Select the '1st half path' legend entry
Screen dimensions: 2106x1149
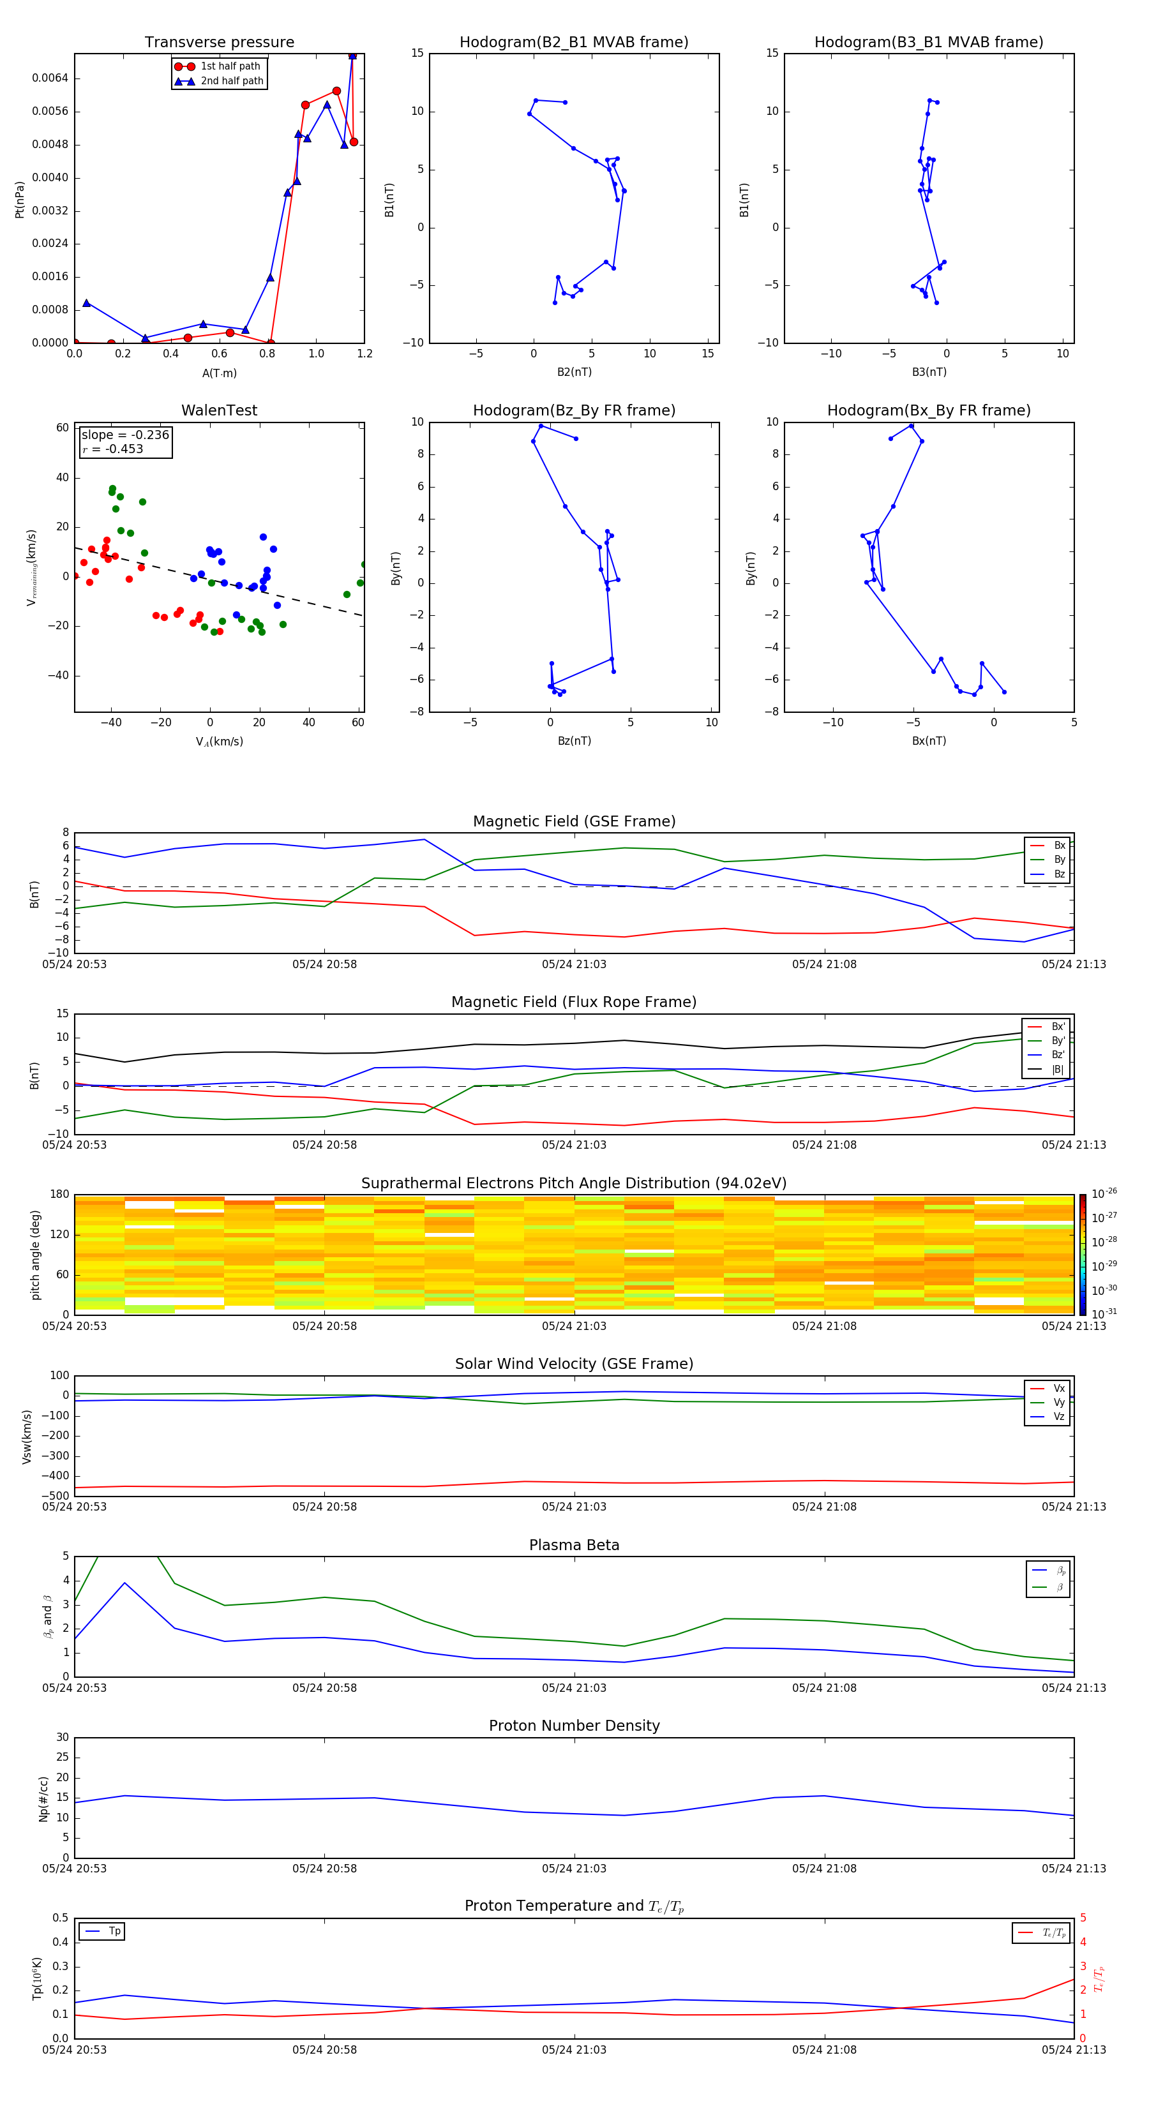[x=230, y=66]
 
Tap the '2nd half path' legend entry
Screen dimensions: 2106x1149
[x=232, y=81]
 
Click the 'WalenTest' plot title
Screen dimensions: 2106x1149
[x=219, y=410]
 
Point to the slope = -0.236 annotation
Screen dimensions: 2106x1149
[x=125, y=435]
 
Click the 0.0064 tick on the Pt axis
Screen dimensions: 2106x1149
[x=50, y=78]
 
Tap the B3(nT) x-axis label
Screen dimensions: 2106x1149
[x=929, y=372]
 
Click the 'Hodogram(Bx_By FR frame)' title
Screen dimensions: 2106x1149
[x=928, y=410]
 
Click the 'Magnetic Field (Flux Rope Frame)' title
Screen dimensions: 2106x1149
[x=573, y=1003]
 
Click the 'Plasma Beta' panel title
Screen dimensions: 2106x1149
[x=573, y=1545]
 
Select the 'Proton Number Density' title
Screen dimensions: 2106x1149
[x=573, y=1726]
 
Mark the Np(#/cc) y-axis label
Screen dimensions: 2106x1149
[x=44, y=1798]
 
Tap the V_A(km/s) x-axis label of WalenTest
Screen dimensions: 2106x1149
[x=219, y=742]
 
